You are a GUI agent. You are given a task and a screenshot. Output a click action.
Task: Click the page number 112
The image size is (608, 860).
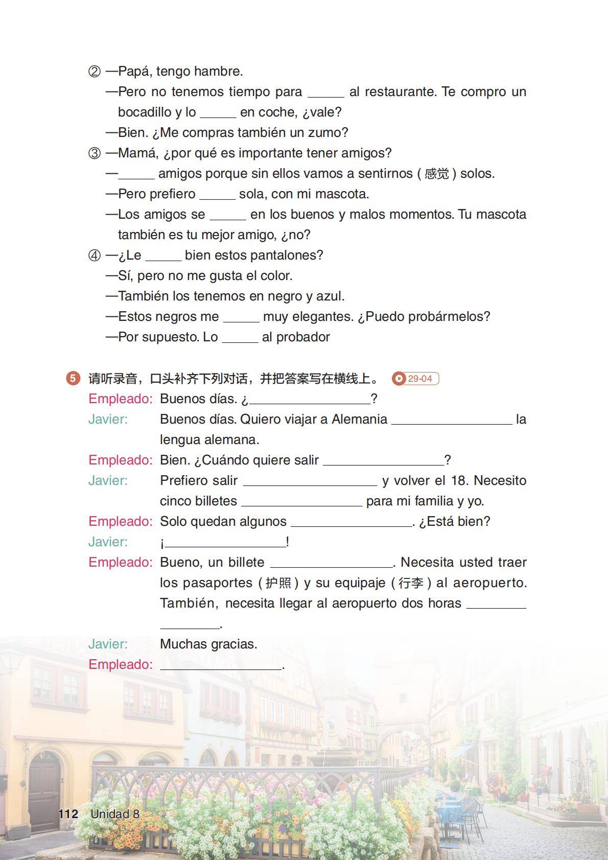coord(68,813)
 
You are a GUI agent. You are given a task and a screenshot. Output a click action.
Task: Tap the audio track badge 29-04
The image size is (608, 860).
coord(415,379)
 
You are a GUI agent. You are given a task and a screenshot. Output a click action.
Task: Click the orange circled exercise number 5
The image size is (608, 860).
coord(73,378)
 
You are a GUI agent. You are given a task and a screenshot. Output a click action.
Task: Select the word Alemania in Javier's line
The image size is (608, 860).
coord(359,420)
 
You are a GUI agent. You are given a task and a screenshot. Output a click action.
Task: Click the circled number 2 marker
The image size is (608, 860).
coord(95,72)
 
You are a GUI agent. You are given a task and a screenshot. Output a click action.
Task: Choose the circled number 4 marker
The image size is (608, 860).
coord(95,255)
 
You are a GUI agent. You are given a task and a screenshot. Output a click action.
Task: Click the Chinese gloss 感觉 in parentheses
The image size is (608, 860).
coord(437,174)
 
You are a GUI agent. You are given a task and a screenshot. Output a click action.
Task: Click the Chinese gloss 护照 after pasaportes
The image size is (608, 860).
coord(278,583)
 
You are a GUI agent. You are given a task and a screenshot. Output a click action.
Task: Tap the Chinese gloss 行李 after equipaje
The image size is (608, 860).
coord(411,583)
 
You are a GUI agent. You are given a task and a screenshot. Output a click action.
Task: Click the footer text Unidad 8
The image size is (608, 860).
coord(114,813)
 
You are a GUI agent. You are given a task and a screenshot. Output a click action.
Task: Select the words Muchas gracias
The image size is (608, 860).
coord(208,644)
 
